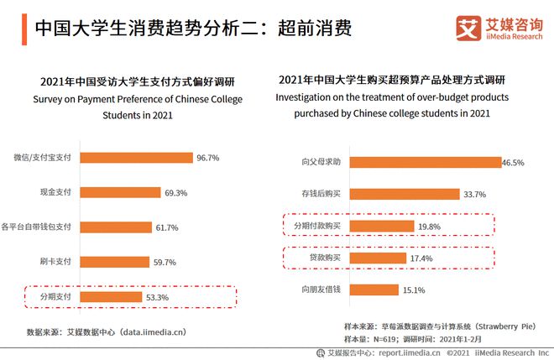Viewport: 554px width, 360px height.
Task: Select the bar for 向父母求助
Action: coord(423,162)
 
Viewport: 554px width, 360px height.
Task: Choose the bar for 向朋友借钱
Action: coord(373,290)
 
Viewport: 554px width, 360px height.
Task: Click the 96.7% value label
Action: coord(206,158)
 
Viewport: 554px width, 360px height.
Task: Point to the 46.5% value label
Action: coord(512,162)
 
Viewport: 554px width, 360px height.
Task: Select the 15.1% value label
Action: coord(413,290)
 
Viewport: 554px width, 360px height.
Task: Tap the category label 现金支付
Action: coord(55,192)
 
